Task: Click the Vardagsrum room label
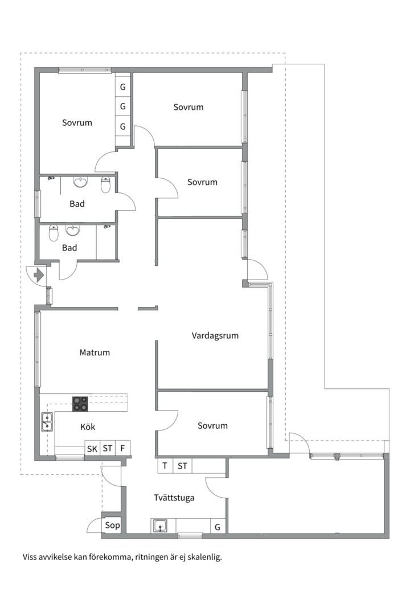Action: (x=215, y=336)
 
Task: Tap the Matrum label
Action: (x=95, y=352)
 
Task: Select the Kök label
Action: (x=88, y=427)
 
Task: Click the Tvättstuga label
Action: (x=174, y=498)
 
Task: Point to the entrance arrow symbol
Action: (x=39, y=275)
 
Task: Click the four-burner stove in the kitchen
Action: (x=80, y=404)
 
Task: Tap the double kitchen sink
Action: (x=47, y=421)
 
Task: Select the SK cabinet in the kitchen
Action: (x=92, y=448)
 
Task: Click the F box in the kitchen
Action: (x=123, y=448)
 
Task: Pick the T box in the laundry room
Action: (x=165, y=466)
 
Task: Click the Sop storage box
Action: (x=112, y=526)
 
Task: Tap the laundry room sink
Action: (x=160, y=526)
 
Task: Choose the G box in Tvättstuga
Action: (x=218, y=527)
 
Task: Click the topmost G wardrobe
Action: (x=123, y=87)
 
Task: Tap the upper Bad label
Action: (x=77, y=204)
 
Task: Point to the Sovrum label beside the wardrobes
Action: (x=77, y=123)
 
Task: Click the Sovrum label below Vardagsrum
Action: (x=212, y=426)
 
